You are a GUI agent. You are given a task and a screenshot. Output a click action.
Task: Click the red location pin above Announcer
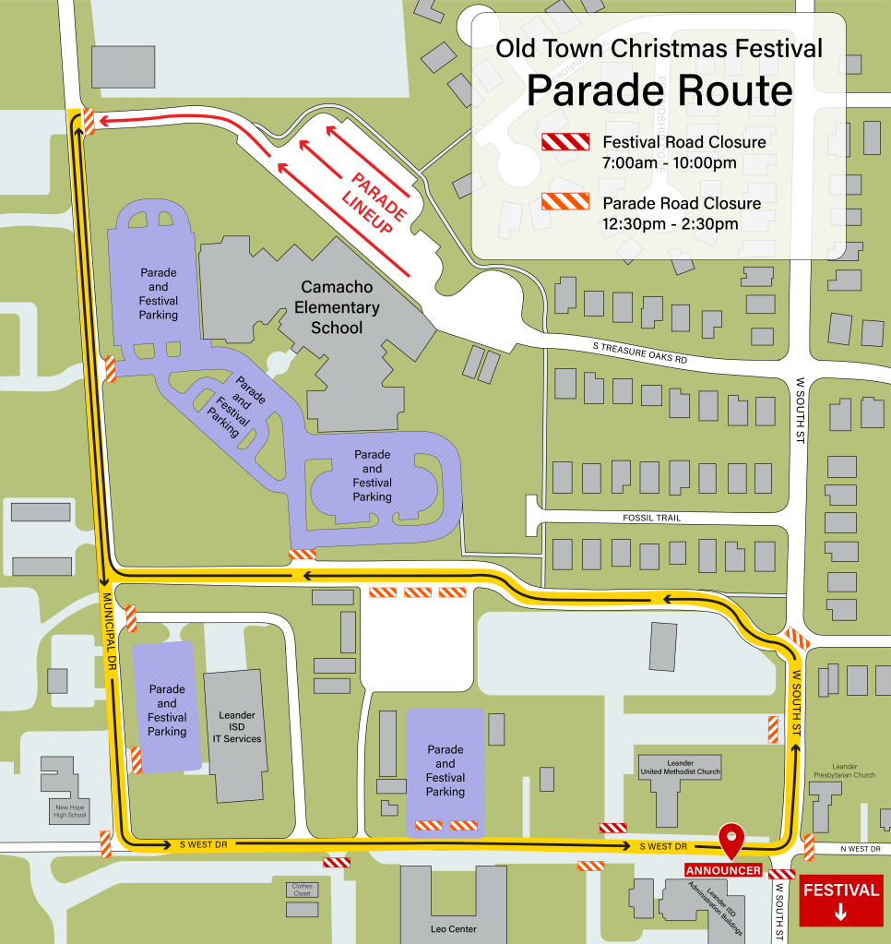(x=732, y=839)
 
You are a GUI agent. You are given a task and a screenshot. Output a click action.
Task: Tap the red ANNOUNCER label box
(x=723, y=870)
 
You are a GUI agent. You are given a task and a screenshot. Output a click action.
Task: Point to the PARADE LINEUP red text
(x=372, y=202)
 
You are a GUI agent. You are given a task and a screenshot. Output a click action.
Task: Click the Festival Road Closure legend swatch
(x=564, y=141)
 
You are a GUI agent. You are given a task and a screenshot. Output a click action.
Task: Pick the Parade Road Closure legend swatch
(x=564, y=202)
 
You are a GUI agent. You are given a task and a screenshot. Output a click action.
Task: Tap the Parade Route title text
(x=659, y=91)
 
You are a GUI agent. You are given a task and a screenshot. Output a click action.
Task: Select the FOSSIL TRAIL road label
(x=651, y=518)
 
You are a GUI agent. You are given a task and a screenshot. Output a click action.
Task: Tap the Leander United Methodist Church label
(x=680, y=768)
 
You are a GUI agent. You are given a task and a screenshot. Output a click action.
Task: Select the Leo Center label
(x=453, y=928)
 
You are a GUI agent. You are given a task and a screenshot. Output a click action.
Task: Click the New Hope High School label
(x=70, y=810)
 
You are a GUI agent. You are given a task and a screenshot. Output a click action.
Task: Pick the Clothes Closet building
(x=303, y=890)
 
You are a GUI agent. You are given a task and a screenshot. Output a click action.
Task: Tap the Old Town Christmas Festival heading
(x=659, y=48)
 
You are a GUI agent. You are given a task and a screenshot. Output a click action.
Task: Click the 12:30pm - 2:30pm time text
(x=670, y=223)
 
